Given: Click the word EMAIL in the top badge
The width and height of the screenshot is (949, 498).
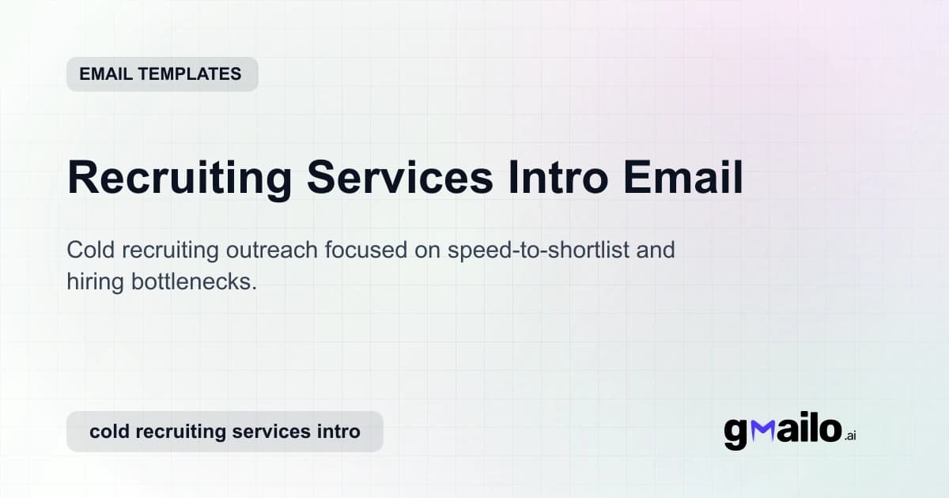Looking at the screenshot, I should [x=105, y=74].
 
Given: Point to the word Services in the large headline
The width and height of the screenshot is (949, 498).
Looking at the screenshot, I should [x=400, y=177].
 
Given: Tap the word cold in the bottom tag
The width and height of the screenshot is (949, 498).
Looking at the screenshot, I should [x=108, y=432].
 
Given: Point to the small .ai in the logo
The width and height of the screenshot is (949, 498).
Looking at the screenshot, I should [x=850, y=436].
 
